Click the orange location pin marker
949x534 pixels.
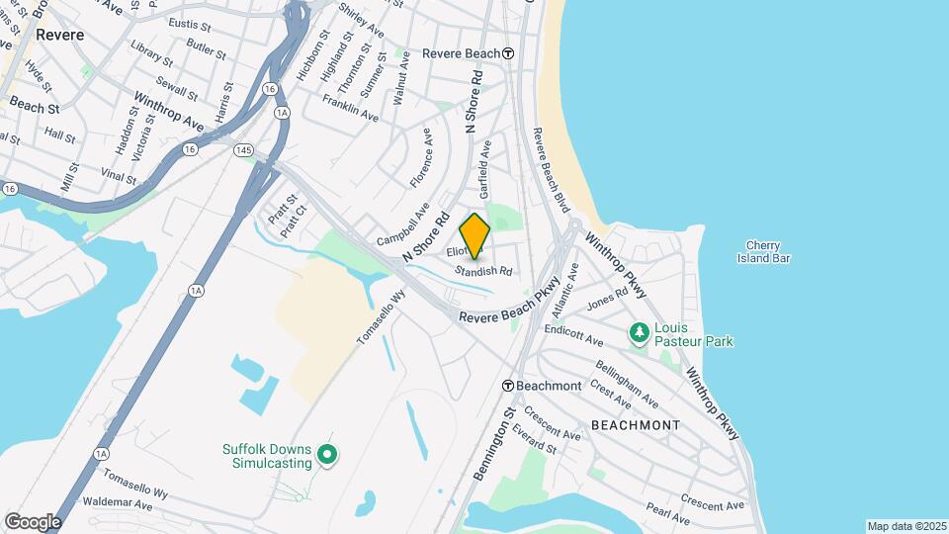click(x=475, y=235)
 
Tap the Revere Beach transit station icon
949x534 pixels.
click(x=508, y=53)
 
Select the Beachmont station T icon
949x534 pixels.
click(x=507, y=386)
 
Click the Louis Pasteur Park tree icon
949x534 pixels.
click(x=640, y=333)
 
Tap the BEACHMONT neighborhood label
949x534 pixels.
click(x=636, y=425)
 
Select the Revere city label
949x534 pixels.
click(x=59, y=34)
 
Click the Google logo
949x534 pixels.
click(x=33, y=521)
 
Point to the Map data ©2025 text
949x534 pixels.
click(x=906, y=526)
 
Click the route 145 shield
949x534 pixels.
click(x=244, y=149)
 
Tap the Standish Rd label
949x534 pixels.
click(x=483, y=270)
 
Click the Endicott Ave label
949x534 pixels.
click(x=573, y=334)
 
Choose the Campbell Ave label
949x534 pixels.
click(x=403, y=225)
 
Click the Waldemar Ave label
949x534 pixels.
click(x=117, y=503)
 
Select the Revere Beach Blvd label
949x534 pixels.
click(x=551, y=170)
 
